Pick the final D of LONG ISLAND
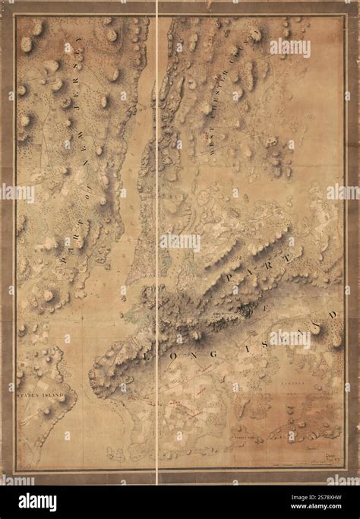(331, 311)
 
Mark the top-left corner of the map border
(15, 15)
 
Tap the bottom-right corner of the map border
(345, 471)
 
